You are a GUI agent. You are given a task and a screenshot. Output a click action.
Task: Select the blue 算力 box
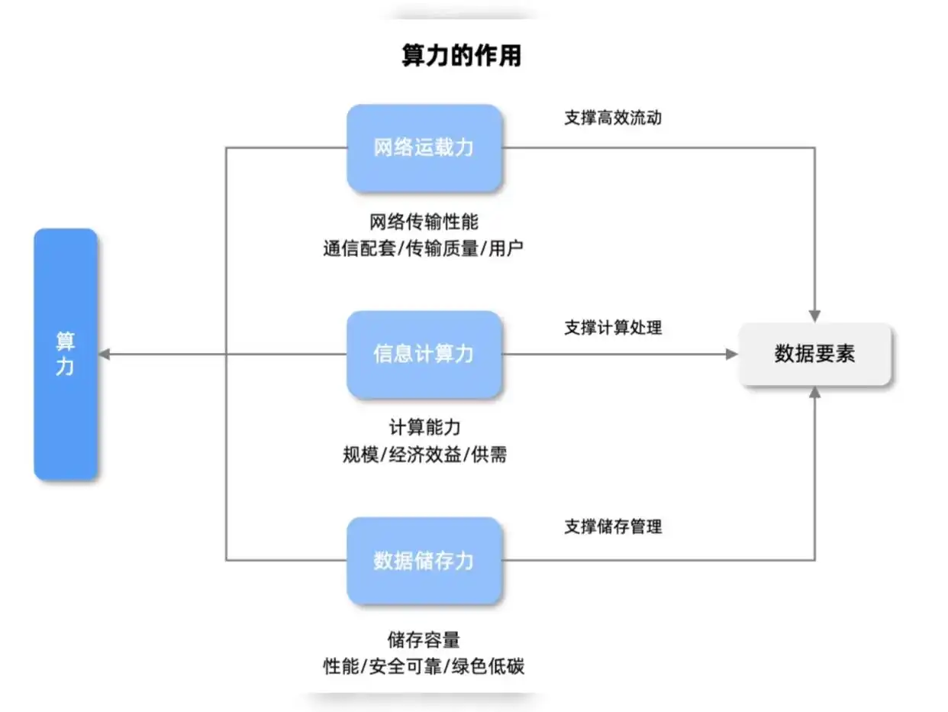point(66,354)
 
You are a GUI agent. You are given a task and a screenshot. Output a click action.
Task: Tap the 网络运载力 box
point(424,147)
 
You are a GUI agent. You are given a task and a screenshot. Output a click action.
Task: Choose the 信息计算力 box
point(424,354)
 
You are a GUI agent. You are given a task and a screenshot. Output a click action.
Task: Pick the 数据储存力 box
point(424,561)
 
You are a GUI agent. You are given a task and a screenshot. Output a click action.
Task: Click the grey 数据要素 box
point(814,354)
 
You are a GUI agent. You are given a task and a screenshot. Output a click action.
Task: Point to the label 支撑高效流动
point(613,118)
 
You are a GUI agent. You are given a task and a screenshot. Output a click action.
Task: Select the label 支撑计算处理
point(613,328)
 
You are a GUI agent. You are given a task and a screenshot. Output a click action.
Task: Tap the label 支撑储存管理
point(613,526)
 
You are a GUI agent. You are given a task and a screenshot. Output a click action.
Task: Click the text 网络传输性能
point(424,222)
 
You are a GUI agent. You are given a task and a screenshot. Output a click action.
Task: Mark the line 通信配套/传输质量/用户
point(424,249)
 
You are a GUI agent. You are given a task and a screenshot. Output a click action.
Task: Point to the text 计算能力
point(424,428)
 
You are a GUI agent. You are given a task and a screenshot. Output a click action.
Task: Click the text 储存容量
point(424,639)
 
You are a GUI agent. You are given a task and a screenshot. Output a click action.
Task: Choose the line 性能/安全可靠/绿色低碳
point(424,666)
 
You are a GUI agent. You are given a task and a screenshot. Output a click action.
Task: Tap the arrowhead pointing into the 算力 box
point(105,354)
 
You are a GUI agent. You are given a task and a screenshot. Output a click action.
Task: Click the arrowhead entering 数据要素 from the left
point(731,354)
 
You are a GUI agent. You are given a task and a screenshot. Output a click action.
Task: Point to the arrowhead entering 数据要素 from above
point(814,316)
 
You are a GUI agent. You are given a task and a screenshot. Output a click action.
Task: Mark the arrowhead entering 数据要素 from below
point(814,393)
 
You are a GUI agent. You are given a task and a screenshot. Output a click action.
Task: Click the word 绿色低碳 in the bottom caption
point(495,666)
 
